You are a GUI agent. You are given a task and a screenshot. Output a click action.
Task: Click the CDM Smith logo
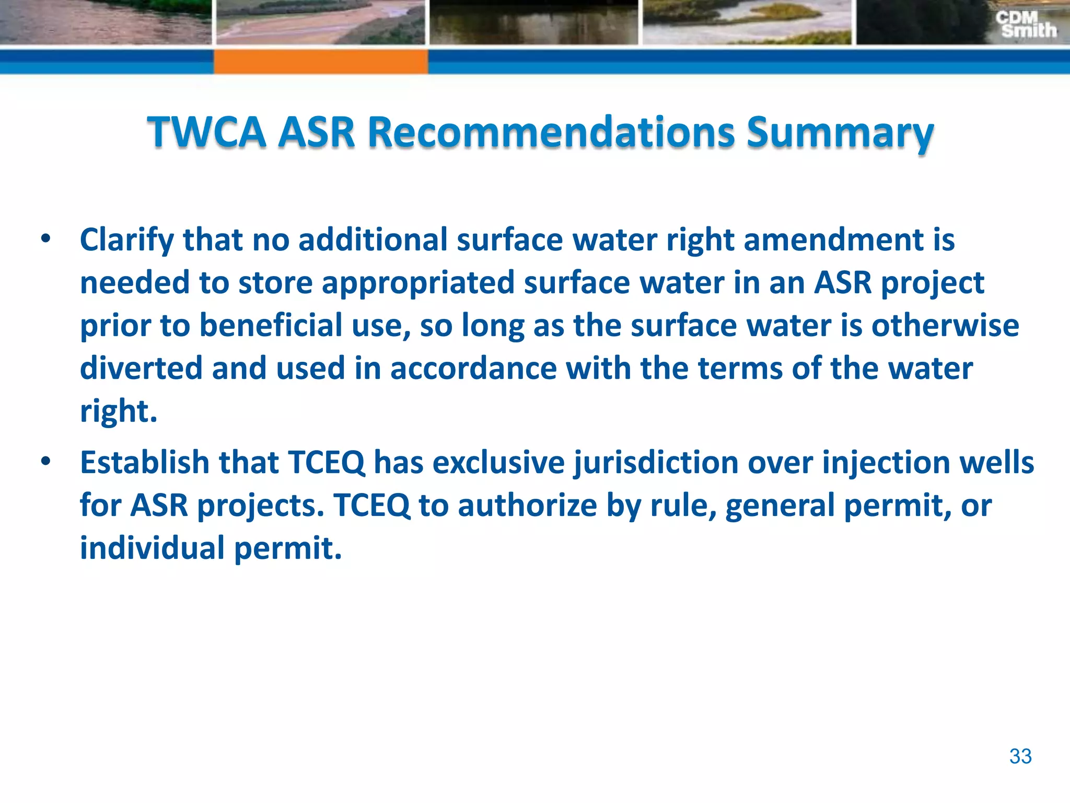click(1026, 25)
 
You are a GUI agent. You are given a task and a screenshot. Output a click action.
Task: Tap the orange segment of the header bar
click(320, 62)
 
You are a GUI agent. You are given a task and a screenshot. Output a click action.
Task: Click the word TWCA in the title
click(206, 132)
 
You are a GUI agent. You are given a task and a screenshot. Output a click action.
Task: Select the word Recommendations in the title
click(551, 132)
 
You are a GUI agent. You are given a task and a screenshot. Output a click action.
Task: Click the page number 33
click(1020, 756)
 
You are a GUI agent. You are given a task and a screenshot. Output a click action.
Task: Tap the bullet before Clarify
click(46, 239)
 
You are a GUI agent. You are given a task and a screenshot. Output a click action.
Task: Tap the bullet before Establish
click(46, 462)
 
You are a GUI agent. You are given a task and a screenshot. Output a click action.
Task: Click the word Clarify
click(126, 240)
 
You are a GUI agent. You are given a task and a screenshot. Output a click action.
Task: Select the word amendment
click(833, 240)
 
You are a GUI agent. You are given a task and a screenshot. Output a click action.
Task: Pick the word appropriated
click(418, 283)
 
